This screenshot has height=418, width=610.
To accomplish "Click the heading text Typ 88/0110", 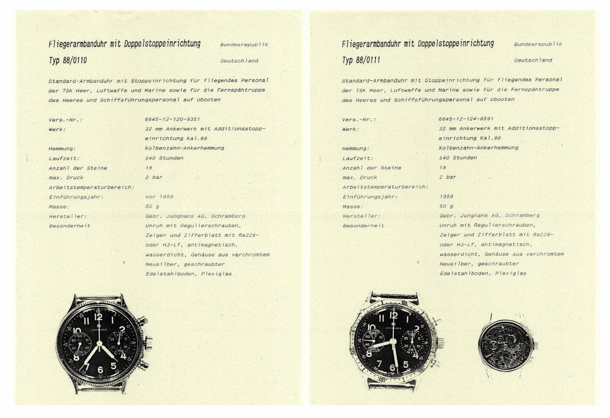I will (x=68, y=59).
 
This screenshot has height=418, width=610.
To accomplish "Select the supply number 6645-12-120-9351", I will (x=173, y=119).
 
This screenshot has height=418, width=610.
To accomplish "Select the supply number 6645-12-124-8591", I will (x=466, y=119).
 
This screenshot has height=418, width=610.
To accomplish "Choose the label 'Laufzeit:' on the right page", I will (x=358, y=158).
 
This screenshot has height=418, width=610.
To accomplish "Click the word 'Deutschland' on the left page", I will (x=239, y=60).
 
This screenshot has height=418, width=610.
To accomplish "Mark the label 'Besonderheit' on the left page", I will (x=70, y=226).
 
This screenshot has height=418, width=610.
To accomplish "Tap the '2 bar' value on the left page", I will (x=154, y=177).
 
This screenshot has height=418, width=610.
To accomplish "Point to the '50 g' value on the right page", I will (x=446, y=206).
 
